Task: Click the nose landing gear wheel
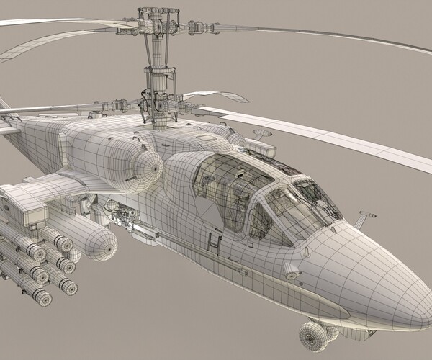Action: click(311, 335)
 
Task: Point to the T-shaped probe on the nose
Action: click(366, 215)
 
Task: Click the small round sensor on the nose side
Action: click(291, 271)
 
